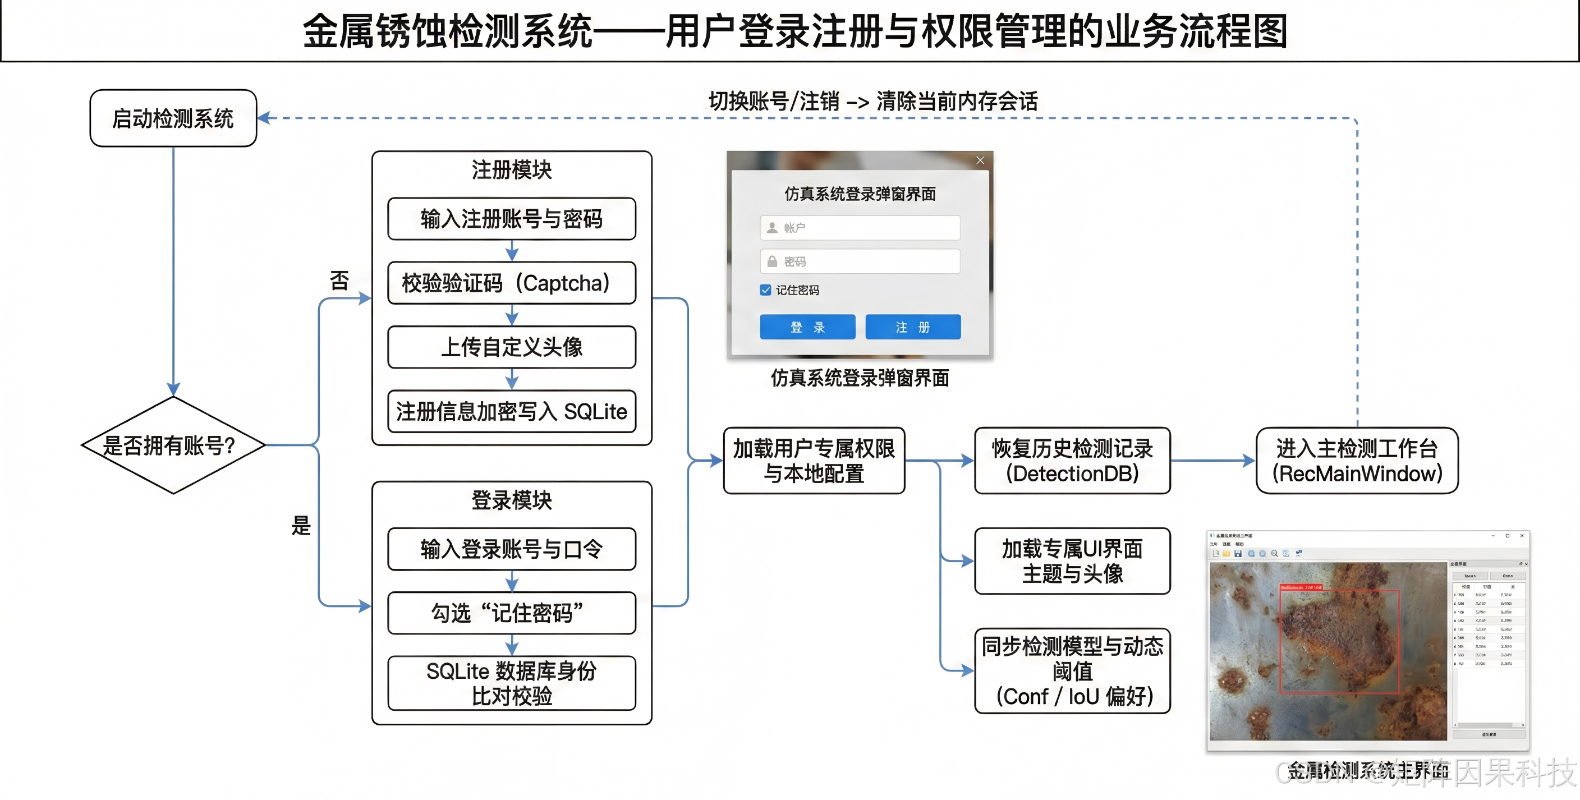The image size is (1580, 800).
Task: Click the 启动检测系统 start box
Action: pyautogui.click(x=173, y=118)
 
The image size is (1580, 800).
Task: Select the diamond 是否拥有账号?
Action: pyautogui.click(x=173, y=445)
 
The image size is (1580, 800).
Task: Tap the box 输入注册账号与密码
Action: pyautogui.click(x=512, y=219)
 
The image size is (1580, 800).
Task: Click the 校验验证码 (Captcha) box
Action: pyautogui.click(x=512, y=283)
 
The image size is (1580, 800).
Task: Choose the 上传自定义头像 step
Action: pyautogui.click(x=512, y=347)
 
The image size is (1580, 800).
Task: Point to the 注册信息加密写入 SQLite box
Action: pyautogui.click(x=512, y=412)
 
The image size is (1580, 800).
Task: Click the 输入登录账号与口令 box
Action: pyautogui.click(x=512, y=549)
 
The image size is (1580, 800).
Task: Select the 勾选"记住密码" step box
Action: pyautogui.click(x=512, y=613)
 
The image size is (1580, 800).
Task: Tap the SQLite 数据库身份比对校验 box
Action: pyautogui.click(x=512, y=683)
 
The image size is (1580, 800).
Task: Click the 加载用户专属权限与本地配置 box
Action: pyautogui.click(x=814, y=461)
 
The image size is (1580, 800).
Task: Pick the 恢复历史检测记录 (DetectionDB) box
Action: pyautogui.click(x=1072, y=461)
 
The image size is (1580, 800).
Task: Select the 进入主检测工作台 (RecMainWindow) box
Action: pyautogui.click(x=1357, y=461)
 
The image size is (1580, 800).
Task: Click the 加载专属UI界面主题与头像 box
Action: pyautogui.click(x=1072, y=562)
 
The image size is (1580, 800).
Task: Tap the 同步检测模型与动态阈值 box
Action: pyautogui.click(x=1072, y=671)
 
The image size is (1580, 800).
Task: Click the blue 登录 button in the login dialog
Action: pyautogui.click(x=807, y=327)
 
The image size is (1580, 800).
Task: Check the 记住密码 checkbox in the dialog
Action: pyautogui.click(x=765, y=290)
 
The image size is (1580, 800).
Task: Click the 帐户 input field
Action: pyautogui.click(x=860, y=228)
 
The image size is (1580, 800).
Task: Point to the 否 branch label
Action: pyautogui.click(x=339, y=281)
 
